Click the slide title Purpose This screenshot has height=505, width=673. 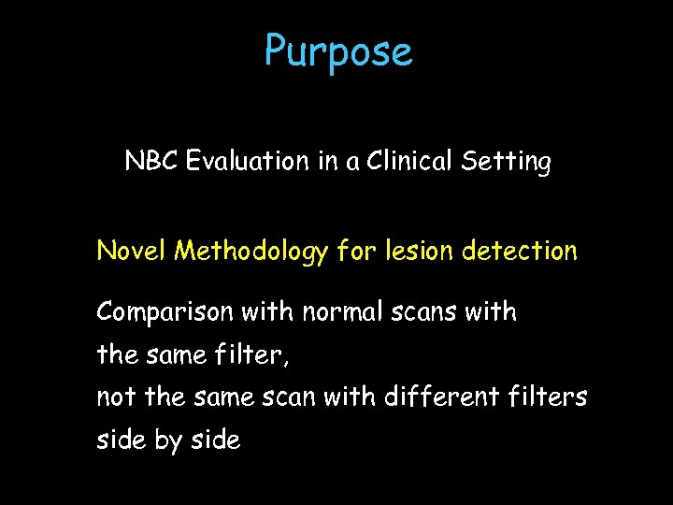(337, 51)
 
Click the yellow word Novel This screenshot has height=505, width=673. (132, 252)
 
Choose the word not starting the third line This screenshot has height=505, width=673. (116, 397)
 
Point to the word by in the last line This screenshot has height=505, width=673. (169, 440)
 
